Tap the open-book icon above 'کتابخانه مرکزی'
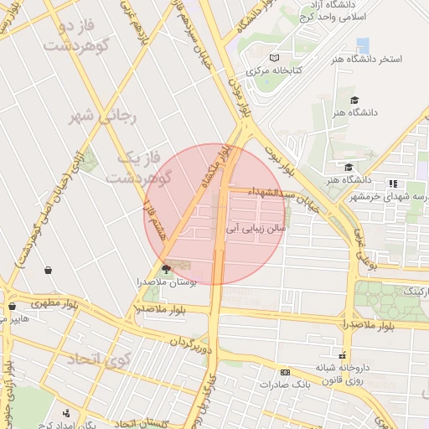tap(274, 58)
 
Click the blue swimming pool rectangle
tap(363, 45)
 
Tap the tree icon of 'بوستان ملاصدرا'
tap(166, 269)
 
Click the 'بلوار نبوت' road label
tap(280, 158)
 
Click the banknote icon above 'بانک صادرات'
tap(286, 372)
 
